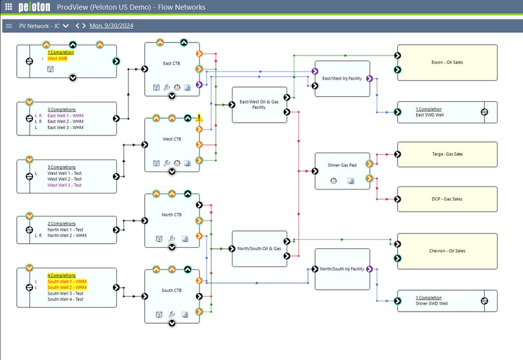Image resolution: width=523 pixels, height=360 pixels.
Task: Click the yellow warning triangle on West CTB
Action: coord(200,118)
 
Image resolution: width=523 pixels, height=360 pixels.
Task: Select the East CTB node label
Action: coord(172,63)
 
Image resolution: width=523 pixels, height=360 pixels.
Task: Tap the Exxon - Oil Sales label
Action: coord(446,63)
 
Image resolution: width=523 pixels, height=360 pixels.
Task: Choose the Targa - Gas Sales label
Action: coord(446,154)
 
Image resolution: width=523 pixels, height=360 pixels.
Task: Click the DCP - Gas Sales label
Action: coord(447,199)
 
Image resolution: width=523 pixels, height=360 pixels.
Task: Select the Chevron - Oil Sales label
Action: coord(447,251)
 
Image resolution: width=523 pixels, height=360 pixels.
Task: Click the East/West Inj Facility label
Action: coord(342,78)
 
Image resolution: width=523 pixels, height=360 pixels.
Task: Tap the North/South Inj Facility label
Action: coord(342,268)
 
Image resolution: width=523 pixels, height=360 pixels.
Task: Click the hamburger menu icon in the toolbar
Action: coord(8,26)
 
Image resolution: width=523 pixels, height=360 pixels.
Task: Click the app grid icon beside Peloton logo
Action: coord(8,7)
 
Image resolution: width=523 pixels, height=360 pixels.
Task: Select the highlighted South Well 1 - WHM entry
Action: coord(67,282)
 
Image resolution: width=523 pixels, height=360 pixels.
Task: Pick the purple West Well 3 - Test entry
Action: coord(65,185)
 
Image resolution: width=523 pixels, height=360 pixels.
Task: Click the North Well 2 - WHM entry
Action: coord(67,235)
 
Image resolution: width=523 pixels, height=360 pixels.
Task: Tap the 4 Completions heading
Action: coord(61,275)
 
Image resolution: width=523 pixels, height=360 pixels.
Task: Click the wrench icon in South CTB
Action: coord(172,315)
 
